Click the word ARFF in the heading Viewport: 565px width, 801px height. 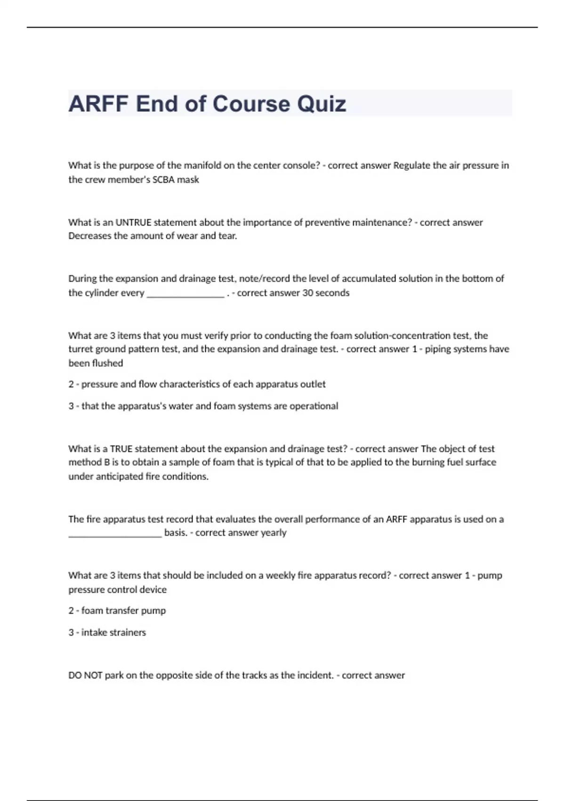(98, 104)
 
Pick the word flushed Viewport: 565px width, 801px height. (108, 363)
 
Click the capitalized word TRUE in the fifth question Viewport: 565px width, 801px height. (121, 449)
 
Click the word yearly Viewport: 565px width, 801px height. (274, 533)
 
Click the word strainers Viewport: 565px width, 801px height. (127, 632)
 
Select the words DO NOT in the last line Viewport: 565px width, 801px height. (85, 675)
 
